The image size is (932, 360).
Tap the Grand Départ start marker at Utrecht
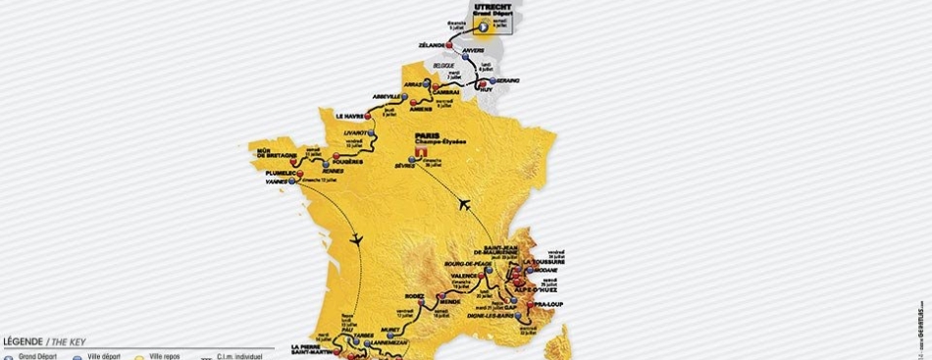pyautogui.click(x=479, y=30)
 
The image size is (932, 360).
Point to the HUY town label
pyautogui.click(x=488, y=89)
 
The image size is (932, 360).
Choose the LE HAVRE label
pyautogui.click(x=350, y=115)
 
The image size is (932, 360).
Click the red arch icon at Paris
pyautogui.click(x=421, y=153)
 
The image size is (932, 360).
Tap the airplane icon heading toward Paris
pyautogui.click(x=463, y=204)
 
